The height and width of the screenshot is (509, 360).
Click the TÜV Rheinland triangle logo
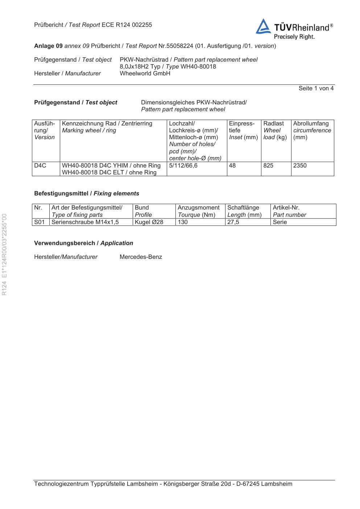(263, 27)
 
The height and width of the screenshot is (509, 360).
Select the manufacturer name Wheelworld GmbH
(145, 74)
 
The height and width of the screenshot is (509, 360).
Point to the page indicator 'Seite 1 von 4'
(316, 88)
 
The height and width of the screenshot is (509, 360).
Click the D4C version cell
(40, 166)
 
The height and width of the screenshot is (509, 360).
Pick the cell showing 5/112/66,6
(183, 166)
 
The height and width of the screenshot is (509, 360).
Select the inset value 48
(232, 166)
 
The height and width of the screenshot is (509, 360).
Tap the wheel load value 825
(268, 166)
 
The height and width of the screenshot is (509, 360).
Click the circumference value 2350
(300, 166)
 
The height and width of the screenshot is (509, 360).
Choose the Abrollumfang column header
(311, 124)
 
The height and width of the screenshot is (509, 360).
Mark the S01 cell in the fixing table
(39, 222)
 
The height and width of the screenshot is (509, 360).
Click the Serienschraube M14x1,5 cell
(85, 222)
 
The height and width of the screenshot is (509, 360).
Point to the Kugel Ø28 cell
(149, 222)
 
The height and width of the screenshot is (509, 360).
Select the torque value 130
(183, 222)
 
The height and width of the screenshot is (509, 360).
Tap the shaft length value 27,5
(233, 222)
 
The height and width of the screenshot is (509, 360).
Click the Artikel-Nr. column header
(286, 208)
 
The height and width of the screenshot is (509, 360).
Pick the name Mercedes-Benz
(141, 257)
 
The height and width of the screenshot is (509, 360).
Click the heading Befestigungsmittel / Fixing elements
(87, 194)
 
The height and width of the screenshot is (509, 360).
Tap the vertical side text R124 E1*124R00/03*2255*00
(4, 254)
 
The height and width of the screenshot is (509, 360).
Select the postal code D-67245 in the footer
(248, 484)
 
